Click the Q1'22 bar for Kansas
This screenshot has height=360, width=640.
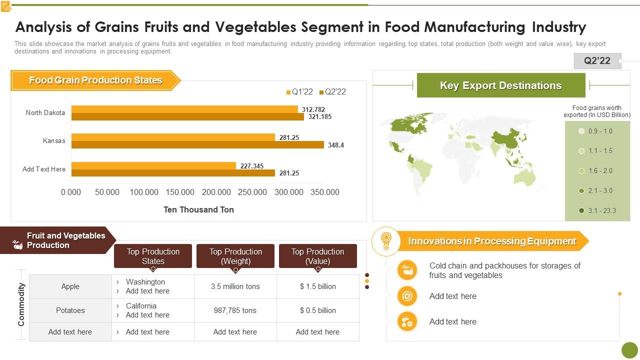[173, 137]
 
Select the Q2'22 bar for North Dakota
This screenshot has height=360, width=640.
[187, 117]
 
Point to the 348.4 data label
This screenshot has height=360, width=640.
[336, 145]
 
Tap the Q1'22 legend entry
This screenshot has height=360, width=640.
[299, 92]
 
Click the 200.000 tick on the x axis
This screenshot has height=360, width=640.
[216, 192]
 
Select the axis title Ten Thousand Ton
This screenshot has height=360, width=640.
[198, 210]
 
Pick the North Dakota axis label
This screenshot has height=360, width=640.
[45, 113]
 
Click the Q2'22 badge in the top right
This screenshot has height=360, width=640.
[597, 61]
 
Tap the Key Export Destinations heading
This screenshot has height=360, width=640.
[500, 85]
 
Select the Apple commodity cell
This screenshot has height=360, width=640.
[70, 286]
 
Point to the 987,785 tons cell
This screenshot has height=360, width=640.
[235, 310]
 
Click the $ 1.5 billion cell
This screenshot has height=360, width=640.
[317, 286]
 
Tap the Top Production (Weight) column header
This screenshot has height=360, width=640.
[235, 256]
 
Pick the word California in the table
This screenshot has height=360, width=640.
[141, 306]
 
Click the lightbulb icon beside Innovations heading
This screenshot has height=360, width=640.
[385, 241]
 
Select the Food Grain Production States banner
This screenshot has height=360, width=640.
[95, 80]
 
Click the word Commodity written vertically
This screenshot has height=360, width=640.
[21, 304]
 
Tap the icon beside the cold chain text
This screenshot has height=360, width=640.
[407, 270]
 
